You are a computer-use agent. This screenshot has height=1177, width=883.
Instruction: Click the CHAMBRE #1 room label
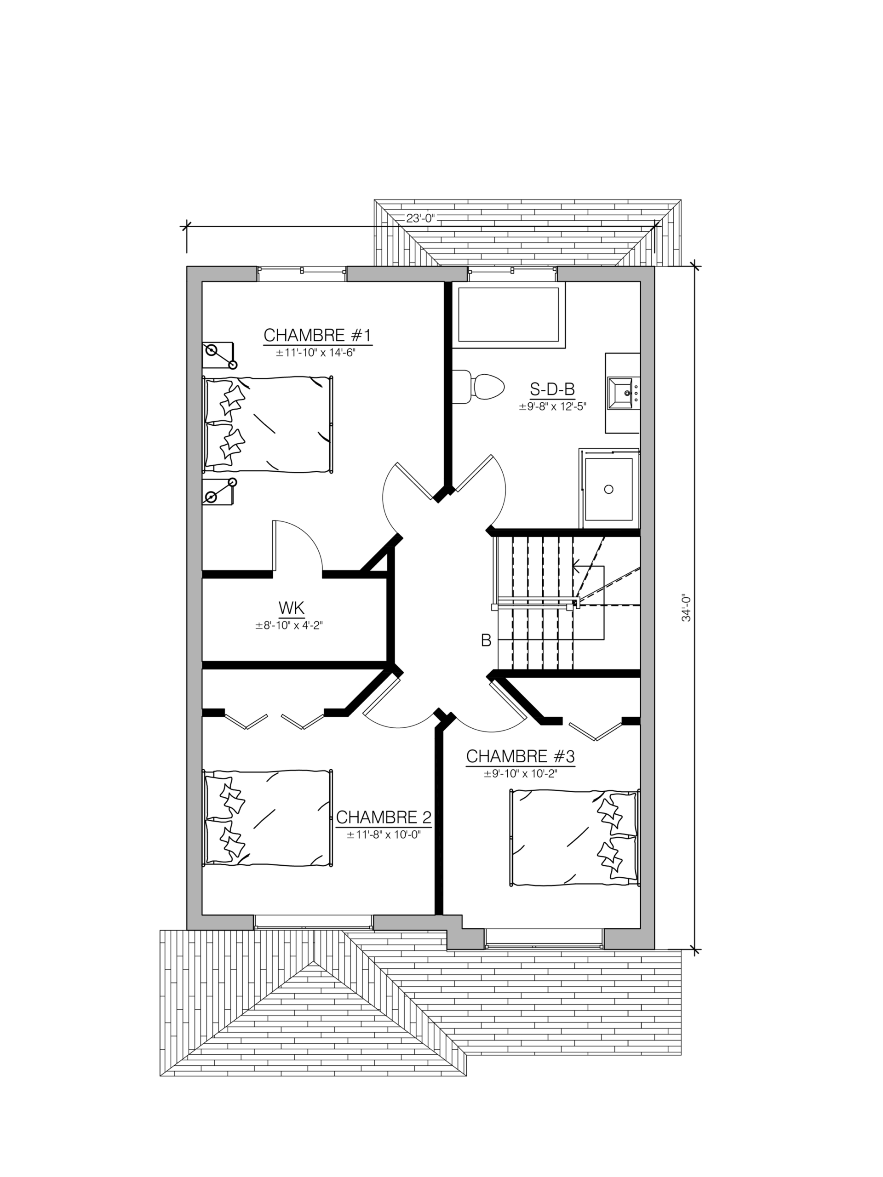(x=317, y=335)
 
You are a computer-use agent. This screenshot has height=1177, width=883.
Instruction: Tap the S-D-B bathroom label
(x=552, y=389)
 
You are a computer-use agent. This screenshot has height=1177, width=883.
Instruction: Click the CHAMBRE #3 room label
(x=520, y=756)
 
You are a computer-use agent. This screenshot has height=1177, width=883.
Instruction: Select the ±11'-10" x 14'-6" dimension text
(x=315, y=353)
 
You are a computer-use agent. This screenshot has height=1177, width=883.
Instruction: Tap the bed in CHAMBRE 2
(x=268, y=818)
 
